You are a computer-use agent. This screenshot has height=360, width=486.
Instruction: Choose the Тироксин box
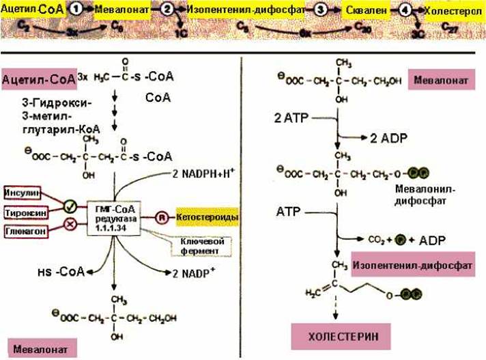pyautogui.click(x=23, y=209)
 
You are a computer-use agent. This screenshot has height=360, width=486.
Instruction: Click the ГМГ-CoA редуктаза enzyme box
pyautogui.click(x=114, y=217)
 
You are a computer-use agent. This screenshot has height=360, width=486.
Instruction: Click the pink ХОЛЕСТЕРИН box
pyautogui.click(x=336, y=336)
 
